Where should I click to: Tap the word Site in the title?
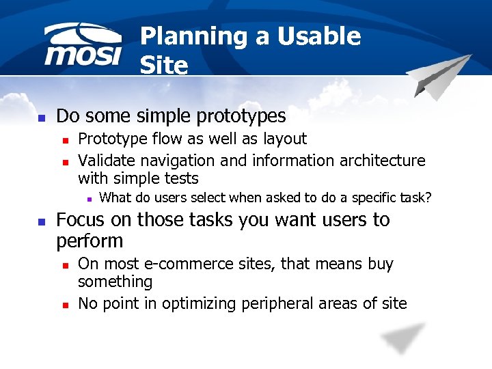pyautogui.click(x=163, y=66)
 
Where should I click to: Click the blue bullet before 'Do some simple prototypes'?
pyautogui.click(x=41, y=118)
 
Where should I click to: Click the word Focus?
pyautogui.click(x=81, y=220)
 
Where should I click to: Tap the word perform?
pyautogui.click(x=90, y=241)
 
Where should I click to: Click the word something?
pyautogui.click(x=115, y=282)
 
